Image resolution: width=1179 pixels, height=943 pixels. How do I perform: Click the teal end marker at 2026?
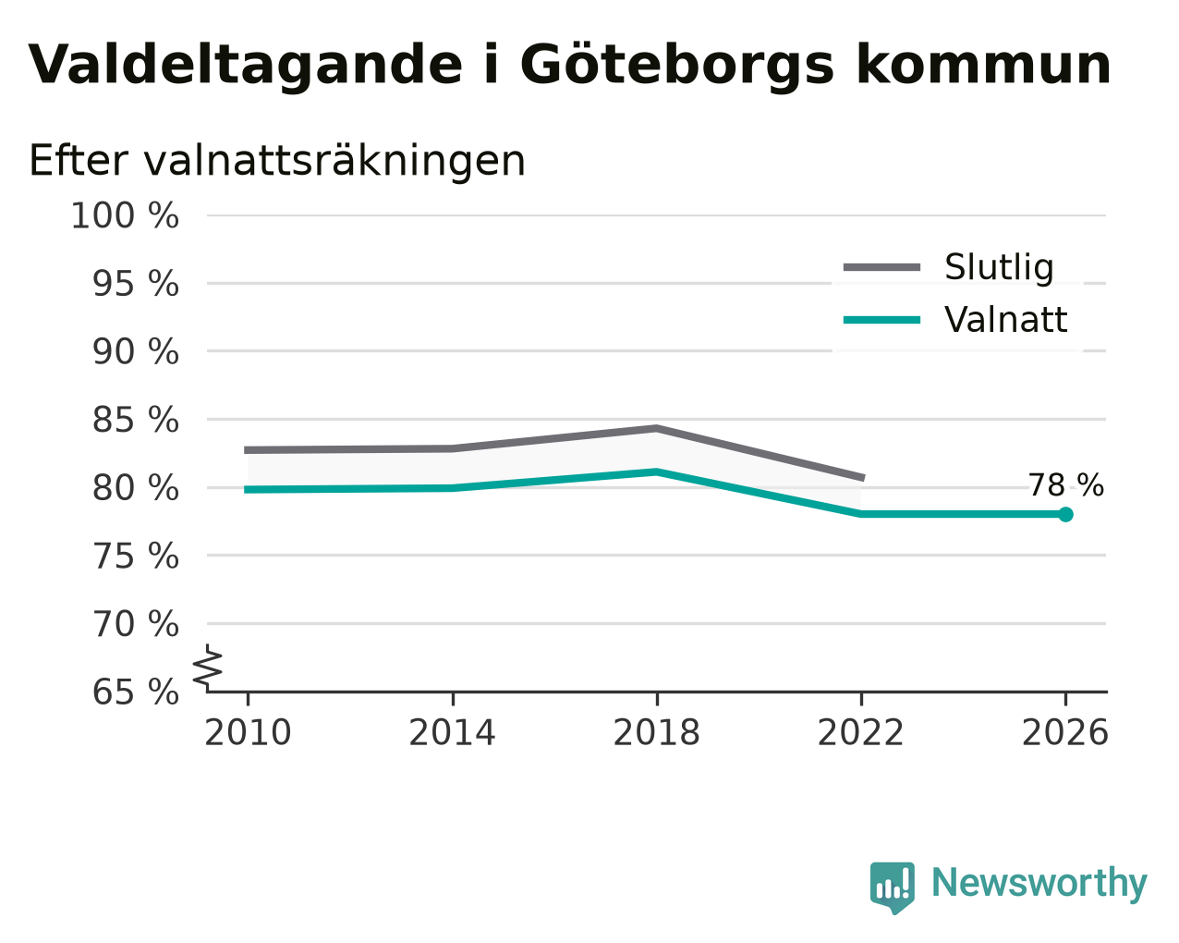(x=1065, y=514)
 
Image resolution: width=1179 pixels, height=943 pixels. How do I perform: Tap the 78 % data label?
(x=1065, y=485)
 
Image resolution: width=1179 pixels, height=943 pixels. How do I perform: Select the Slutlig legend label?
(x=999, y=267)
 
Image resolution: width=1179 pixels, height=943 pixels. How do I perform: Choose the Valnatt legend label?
(x=1005, y=320)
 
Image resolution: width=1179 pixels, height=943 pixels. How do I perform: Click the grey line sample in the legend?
(x=881, y=267)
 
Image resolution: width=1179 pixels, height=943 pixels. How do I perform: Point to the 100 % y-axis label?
(x=125, y=215)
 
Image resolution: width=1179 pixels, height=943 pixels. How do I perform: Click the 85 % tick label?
(x=135, y=420)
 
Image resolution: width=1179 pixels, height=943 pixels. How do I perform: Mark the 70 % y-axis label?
(x=135, y=624)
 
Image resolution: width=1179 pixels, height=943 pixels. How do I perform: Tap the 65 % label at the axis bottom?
(x=135, y=692)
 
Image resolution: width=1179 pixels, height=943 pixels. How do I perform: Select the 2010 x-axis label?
(x=248, y=733)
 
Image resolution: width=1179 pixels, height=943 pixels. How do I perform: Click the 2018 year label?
(x=656, y=733)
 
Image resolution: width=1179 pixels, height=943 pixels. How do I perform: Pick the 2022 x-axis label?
(x=860, y=733)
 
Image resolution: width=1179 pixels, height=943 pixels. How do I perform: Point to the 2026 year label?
(x=1065, y=733)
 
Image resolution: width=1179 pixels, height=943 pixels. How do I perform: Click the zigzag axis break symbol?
(x=208, y=667)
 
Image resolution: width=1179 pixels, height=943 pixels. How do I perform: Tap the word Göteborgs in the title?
(x=676, y=66)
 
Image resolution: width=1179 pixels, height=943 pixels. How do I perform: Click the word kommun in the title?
(x=983, y=65)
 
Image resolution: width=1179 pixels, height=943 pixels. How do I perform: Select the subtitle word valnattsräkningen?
(x=334, y=161)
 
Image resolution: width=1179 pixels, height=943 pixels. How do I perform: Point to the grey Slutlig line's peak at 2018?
(x=656, y=428)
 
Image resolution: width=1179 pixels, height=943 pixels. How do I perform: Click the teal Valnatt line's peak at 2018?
(x=656, y=471)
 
